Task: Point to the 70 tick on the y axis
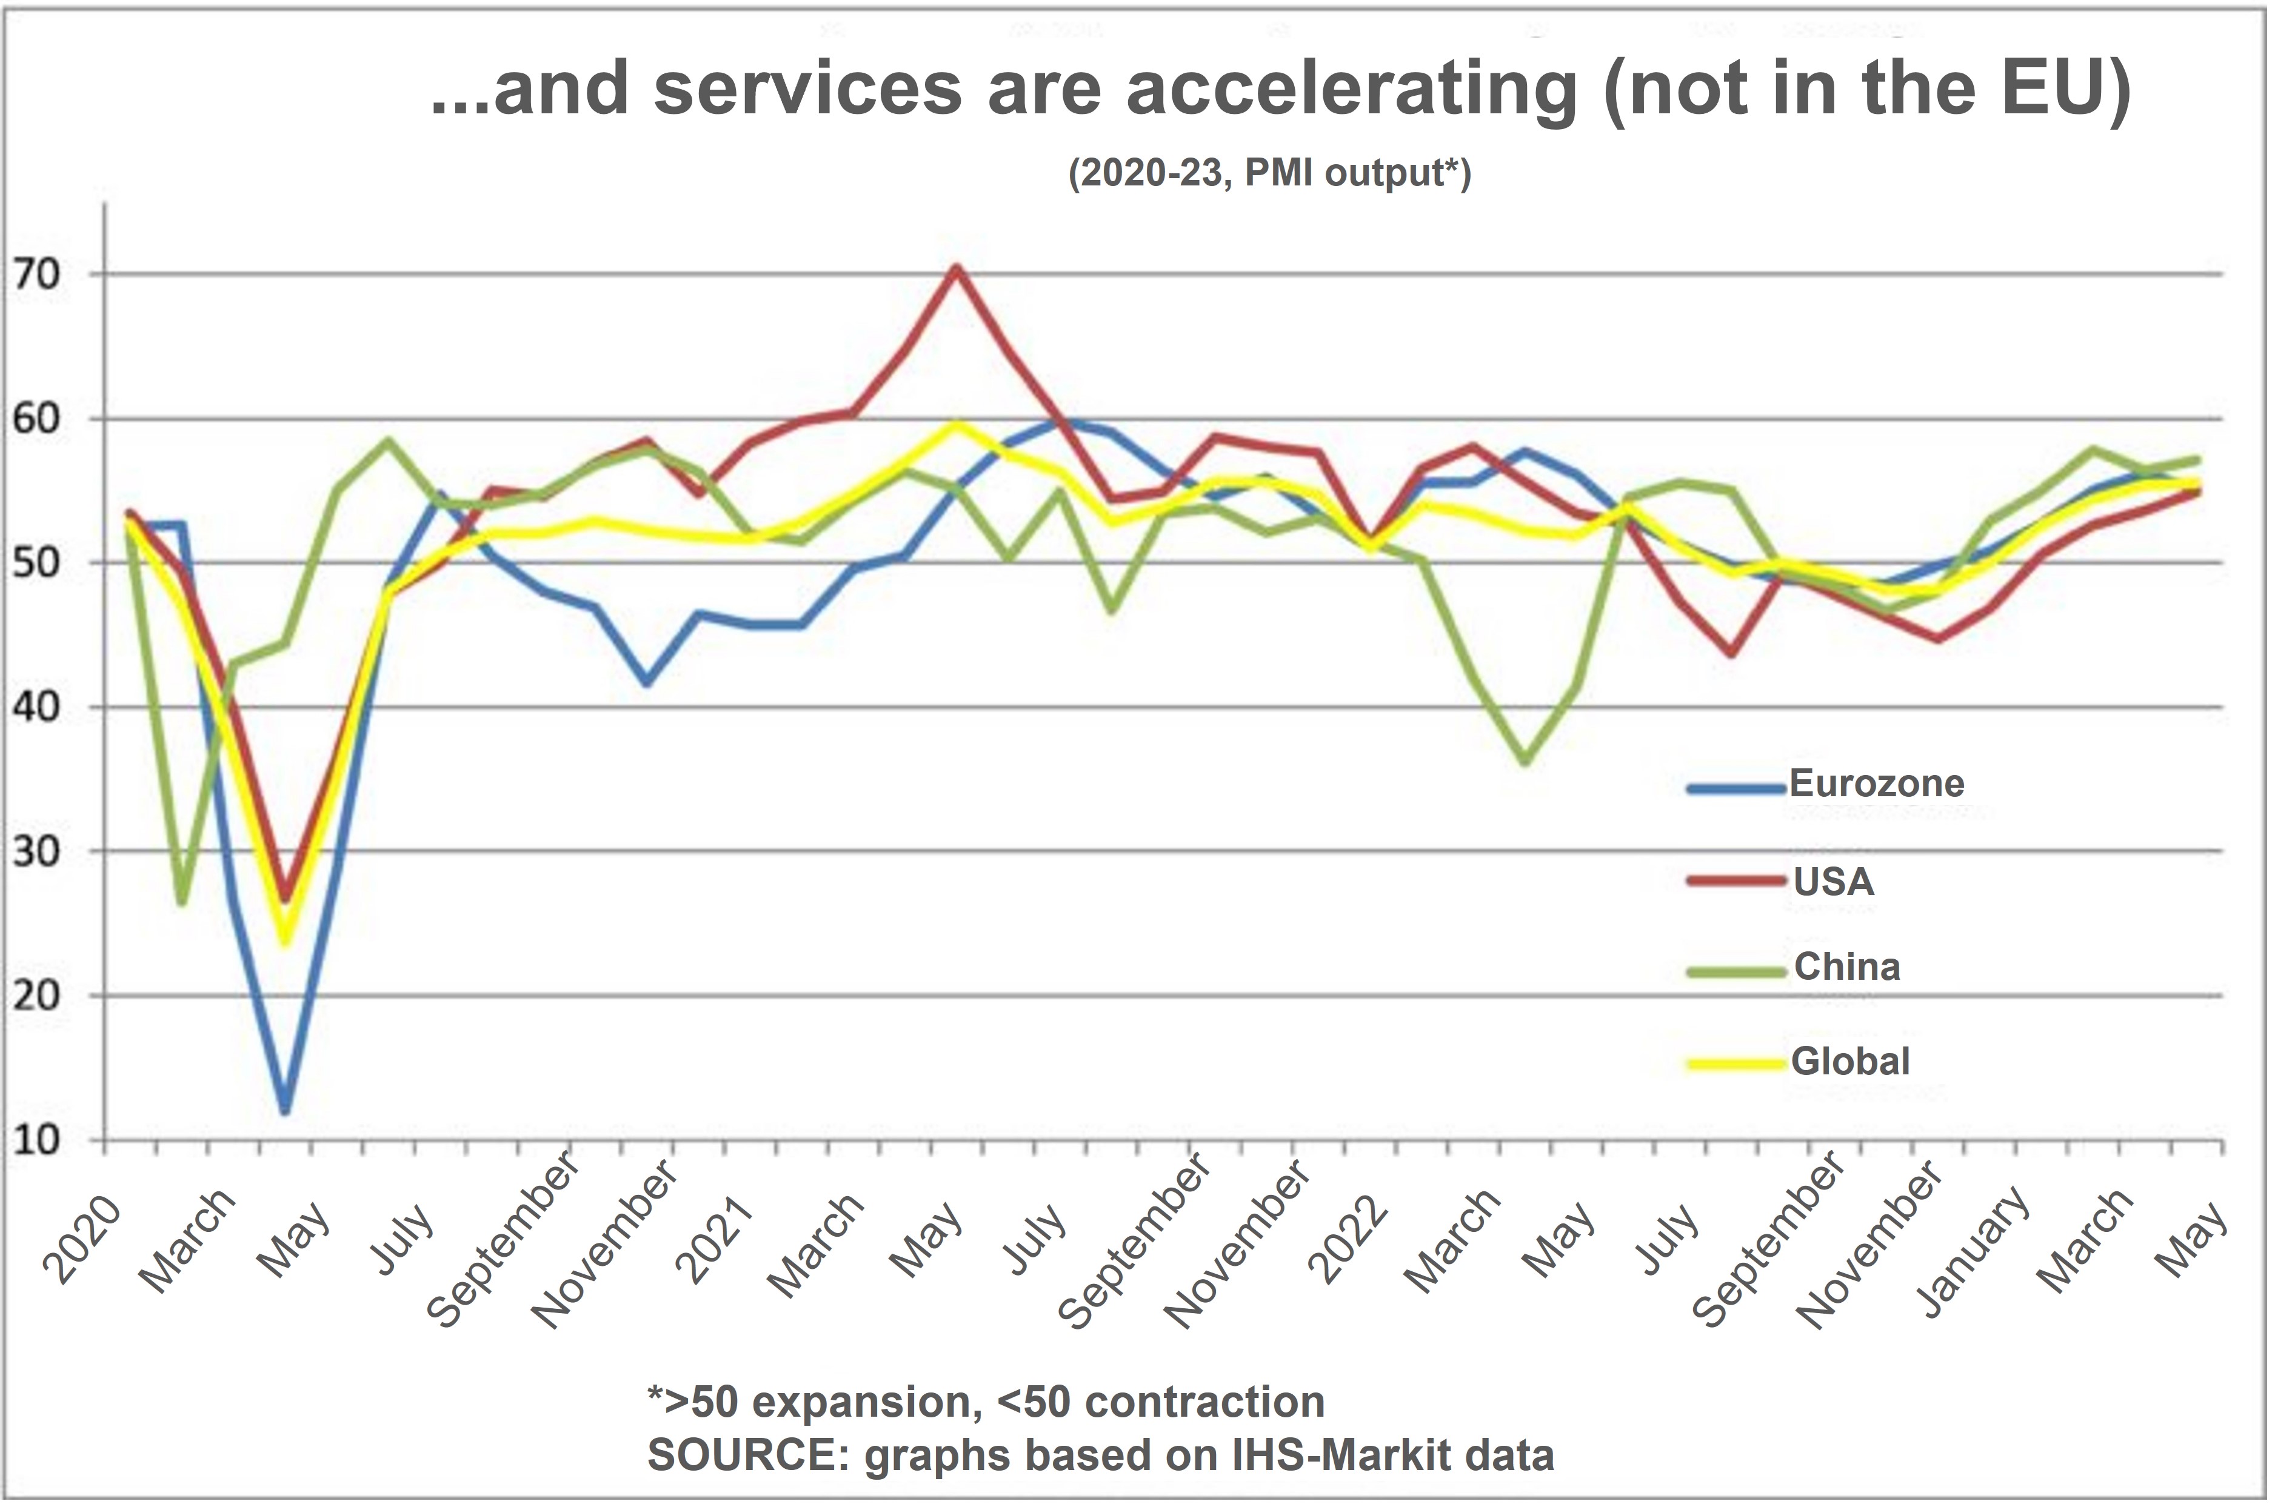(x=36, y=275)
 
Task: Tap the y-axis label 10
(x=36, y=1141)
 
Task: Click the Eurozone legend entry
(x=1875, y=784)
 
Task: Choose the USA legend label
(x=1832, y=882)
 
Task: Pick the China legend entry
(x=1846, y=967)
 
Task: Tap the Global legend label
(x=1849, y=1061)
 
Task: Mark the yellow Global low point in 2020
(x=285, y=942)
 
